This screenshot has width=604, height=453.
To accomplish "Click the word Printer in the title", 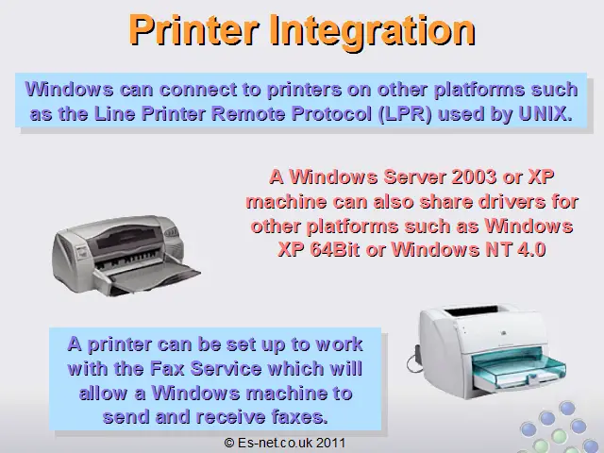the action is tap(193, 30).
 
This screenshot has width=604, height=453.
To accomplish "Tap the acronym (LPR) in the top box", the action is tap(405, 114).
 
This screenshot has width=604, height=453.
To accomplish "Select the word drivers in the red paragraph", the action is tap(507, 202).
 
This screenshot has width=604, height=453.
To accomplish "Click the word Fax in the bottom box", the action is tap(167, 369).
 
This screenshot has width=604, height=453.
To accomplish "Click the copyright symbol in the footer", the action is tap(229, 443).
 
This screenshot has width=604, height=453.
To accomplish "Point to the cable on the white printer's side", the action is tap(414, 359).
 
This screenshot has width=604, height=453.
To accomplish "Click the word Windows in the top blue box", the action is tap(69, 90).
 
